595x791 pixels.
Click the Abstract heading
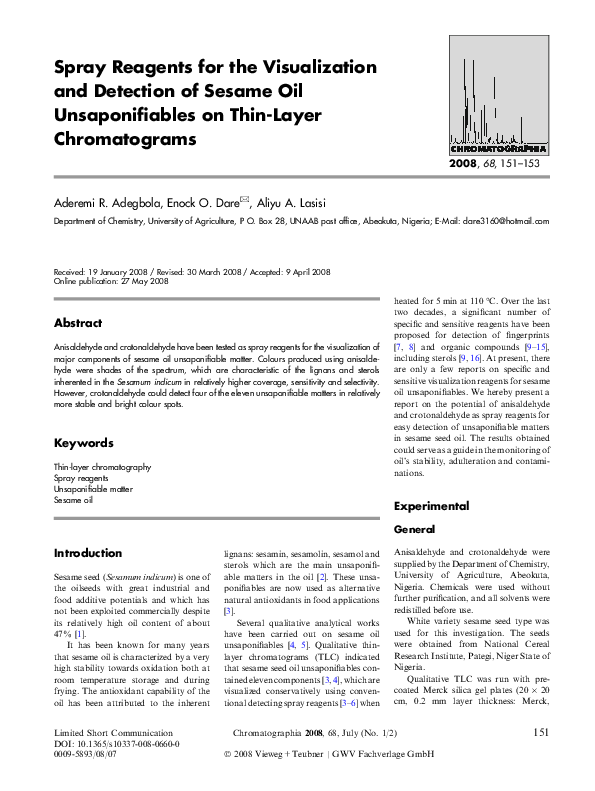[78, 323]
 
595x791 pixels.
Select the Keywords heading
[83, 442]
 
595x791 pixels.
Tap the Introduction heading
[88, 553]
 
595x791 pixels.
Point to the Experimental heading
[431, 506]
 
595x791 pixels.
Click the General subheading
[415, 528]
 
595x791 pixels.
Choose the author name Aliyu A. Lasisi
[300, 202]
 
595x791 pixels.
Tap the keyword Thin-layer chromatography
[102, 467]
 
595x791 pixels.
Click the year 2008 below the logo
[463, 162]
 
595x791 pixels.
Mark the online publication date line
[111, 281]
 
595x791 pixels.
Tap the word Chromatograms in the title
[125, 139]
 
